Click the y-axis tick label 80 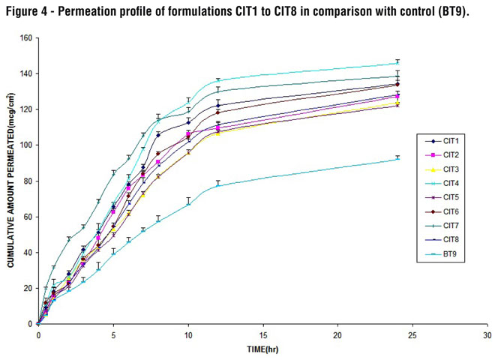point(28,181)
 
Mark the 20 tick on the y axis point(28,288)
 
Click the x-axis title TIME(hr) point(263,350)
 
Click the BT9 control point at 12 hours point(217,185)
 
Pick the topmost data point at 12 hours point(217,80)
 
